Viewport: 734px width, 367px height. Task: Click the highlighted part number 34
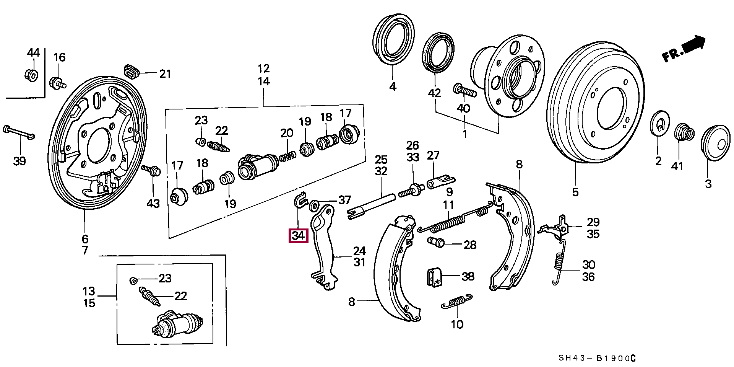tap(298, 235)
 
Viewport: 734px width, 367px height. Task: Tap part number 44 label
tap(33, 52)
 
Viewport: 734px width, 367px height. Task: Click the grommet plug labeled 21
tap(132, 71)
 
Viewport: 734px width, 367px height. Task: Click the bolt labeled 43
tap(152, 170)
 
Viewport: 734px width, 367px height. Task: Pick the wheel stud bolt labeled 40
tap(465, 90)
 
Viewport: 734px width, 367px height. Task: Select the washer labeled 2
tap(659, 124)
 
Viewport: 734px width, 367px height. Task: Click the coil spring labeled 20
tap(287, 156)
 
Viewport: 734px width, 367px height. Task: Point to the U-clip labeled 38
tap(434, 277)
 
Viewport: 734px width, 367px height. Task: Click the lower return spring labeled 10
tap(457, 301)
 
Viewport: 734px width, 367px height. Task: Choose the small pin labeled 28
tap(435, 241)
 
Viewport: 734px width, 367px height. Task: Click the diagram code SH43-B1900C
tap(597, 358)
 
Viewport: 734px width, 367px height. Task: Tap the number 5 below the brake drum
tap(575, 192)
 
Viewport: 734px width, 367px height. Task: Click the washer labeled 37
tap(314, 205)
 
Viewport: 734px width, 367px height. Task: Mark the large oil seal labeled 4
tap(393, 39)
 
